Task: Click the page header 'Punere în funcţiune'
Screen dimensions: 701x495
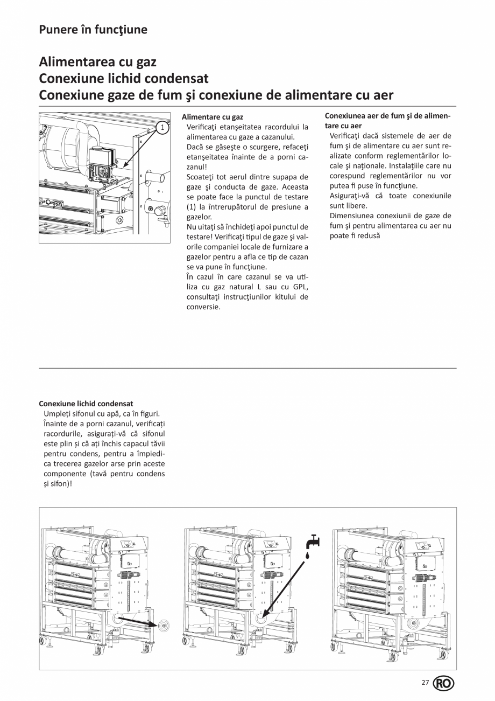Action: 93,30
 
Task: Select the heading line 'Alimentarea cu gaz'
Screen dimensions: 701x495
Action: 97,63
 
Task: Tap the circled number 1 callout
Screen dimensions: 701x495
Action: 161,127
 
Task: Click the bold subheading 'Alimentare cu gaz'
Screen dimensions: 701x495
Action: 212,117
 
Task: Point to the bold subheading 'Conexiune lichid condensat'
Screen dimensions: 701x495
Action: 86,404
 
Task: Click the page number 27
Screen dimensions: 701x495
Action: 425,683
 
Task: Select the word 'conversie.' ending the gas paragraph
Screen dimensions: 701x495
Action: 203,307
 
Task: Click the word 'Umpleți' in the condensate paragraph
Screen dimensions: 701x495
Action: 56,413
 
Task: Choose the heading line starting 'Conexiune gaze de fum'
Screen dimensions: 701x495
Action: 216,95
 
